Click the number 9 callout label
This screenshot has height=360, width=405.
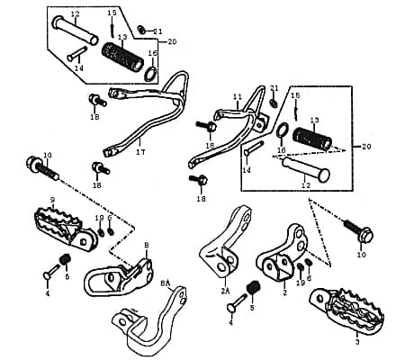53,200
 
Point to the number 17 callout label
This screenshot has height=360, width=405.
140,152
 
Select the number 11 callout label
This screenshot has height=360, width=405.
238,96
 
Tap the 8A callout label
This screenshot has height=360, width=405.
166,283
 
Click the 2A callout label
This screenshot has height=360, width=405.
225,292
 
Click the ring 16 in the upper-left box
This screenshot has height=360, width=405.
154,69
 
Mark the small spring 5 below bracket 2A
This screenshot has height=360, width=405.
252,288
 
